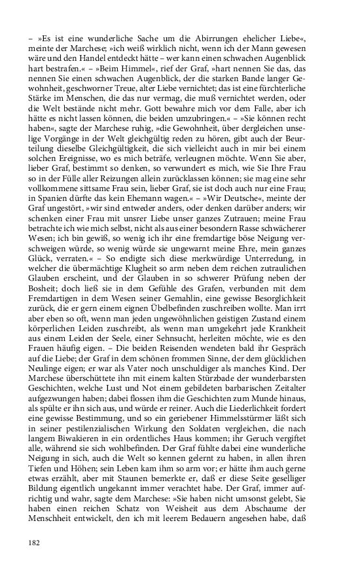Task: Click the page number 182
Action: point(34,543)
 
